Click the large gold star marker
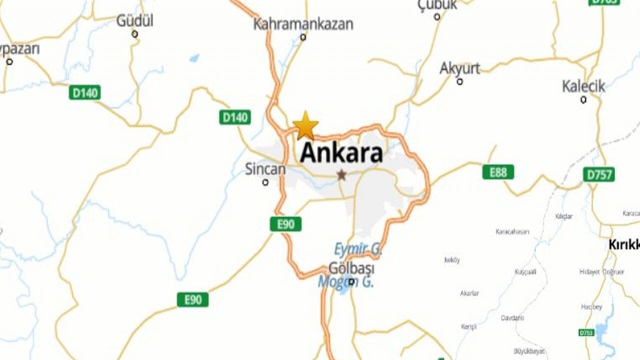305,126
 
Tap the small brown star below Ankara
341,175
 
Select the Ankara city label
341,153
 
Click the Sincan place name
265,169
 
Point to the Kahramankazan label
303,23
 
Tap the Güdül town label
135,21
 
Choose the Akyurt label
459,68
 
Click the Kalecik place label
583,86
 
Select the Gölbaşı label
351,268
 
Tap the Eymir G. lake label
357,249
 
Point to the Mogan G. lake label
346,282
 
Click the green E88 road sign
498,172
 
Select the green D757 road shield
598,174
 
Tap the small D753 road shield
586,332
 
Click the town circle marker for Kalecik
583,99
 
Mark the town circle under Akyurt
459,81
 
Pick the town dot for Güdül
134,34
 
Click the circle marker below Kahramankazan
303,37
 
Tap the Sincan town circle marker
265,182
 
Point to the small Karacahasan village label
512,232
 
